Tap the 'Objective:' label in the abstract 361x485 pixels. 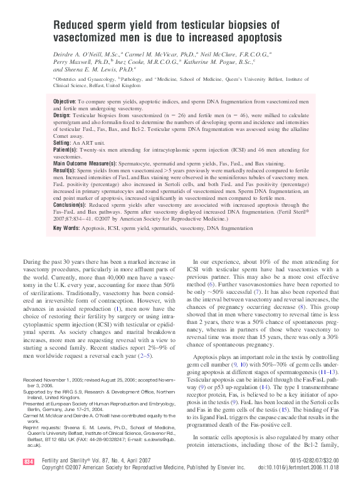pos(65,101)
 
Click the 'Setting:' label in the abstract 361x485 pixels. pos(63,143)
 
